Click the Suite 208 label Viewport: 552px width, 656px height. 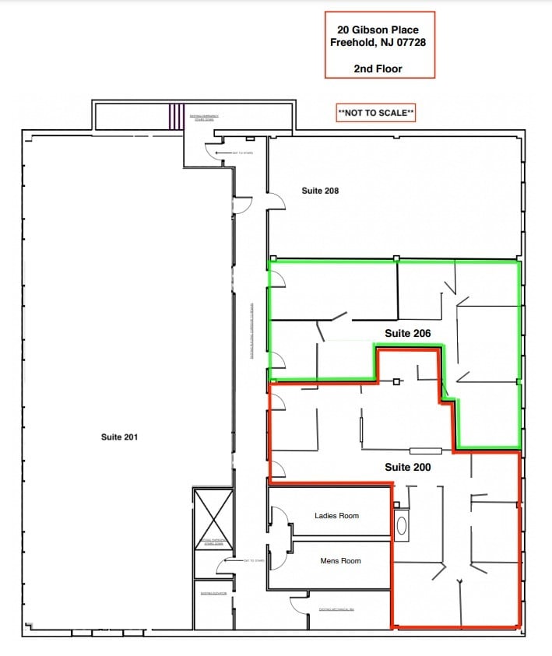(x=320, y=191)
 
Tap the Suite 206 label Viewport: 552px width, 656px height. (x=407, y=333)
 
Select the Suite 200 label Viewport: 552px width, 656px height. (x=407, y=467)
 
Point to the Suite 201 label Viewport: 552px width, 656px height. (x=119, y=437)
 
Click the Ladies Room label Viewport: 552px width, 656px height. (x=336, y=515)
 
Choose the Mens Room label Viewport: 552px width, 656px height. (x=340, y=560)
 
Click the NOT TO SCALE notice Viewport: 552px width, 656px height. (x=376, y=114)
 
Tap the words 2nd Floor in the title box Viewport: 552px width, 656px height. (x=378, y=68)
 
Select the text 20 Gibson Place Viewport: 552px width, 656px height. (x=378, y=30)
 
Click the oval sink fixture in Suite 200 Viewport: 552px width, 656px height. (x=402, y=526)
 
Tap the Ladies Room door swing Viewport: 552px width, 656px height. (x=278, y=516)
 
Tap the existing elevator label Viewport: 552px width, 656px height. (x=212, y=593)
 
